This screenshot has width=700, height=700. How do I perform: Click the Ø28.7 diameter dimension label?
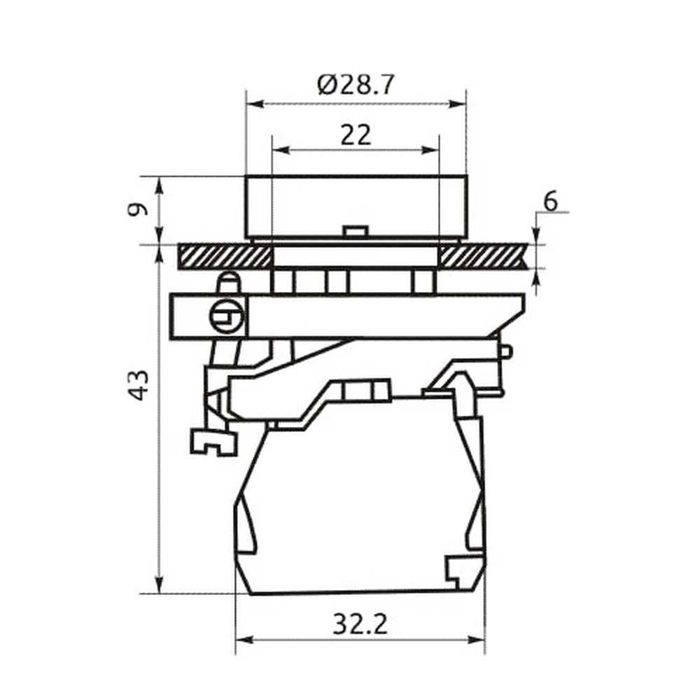[356, 85]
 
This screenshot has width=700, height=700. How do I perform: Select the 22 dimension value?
[356, 135]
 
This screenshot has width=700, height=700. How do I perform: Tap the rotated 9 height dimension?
[137, 209]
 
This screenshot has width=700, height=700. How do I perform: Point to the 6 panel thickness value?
[551, 202]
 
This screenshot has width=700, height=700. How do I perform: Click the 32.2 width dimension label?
[360, 624]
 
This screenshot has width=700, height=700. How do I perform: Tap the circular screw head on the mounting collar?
[227, 316]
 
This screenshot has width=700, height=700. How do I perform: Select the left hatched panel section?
[225, 256]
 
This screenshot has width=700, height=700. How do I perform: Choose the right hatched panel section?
[484, 256]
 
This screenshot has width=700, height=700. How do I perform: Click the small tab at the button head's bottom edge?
[356, 231]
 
